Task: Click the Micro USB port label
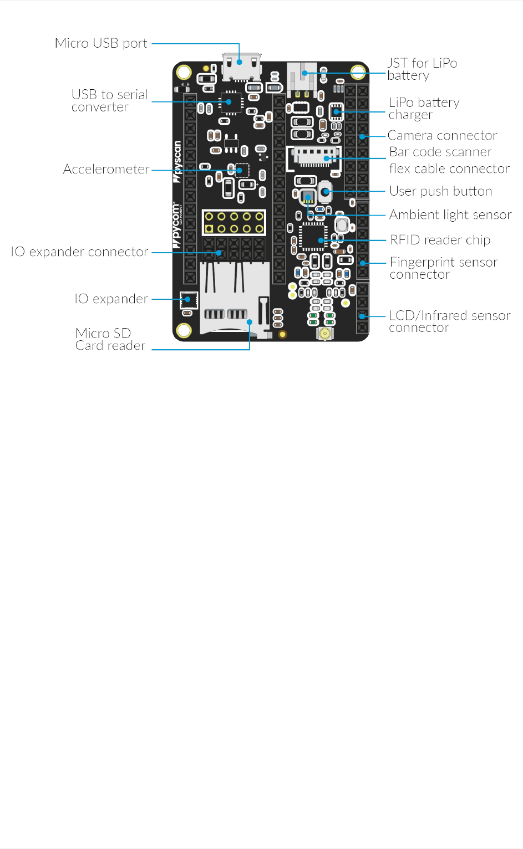coord(101,43)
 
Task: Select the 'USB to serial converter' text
coord(109,101)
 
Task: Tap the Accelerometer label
coord(106,169)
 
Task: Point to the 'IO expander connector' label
coord(79,252)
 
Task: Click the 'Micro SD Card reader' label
coord(110,339)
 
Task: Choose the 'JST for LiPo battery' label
coord(422,69)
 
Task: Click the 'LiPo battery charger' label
coord(424,109)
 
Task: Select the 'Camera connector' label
coord(442,136)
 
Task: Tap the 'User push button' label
coord(440,191)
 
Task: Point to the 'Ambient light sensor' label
coord(450,215)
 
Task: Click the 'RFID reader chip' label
coord(440,240)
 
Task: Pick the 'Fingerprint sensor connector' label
coord(443,268)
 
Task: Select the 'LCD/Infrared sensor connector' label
coord(449,321)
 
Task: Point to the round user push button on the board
coord(326,192)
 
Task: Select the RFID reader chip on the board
coord(313,237)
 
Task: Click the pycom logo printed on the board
coord(177,222)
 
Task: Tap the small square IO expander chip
coord(189,300)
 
